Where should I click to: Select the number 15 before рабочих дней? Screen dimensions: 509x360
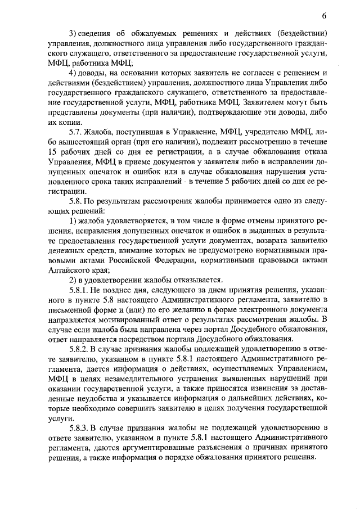tap(53, 151)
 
